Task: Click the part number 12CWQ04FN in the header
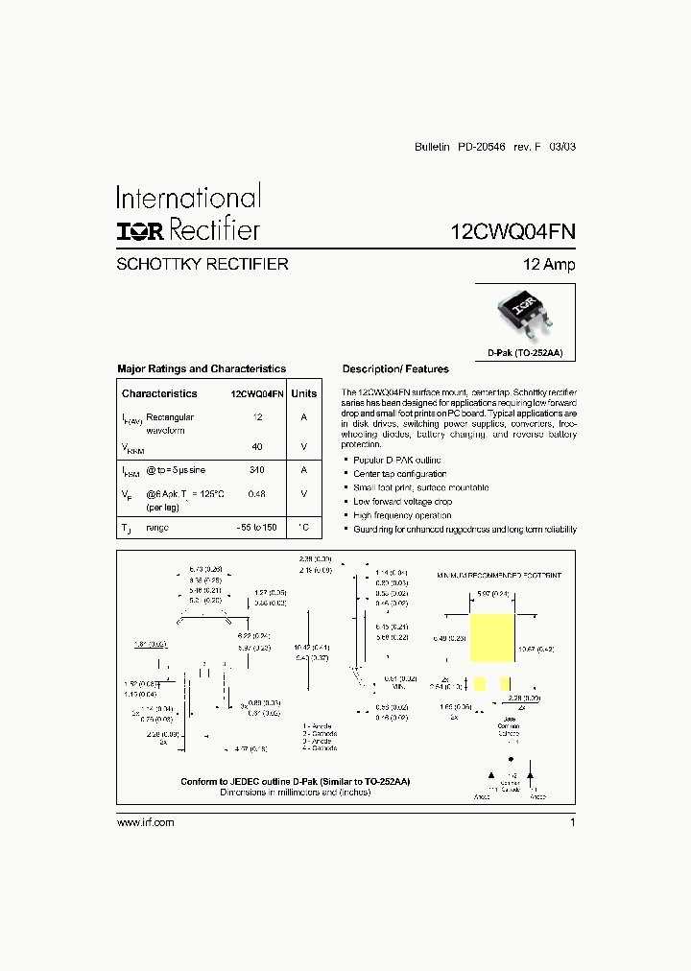(513, 231)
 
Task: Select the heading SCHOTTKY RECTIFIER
(203, 265)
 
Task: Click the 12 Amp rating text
(549, 265)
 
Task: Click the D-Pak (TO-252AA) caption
(525, 353)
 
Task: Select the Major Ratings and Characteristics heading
(202, 368)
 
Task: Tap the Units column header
(303, 393)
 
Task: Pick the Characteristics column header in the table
(159, 393)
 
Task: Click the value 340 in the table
(256, 470)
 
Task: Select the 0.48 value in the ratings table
(256, 493)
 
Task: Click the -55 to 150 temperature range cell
(256, 528)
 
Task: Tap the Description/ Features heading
(395, 369)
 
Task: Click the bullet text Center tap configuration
(399, 474)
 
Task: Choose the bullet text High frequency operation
(401, 515)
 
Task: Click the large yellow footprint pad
(493, 637)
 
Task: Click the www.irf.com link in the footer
(146, 822)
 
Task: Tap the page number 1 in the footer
(572, 822)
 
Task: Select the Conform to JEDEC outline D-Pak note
(295, 782)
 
